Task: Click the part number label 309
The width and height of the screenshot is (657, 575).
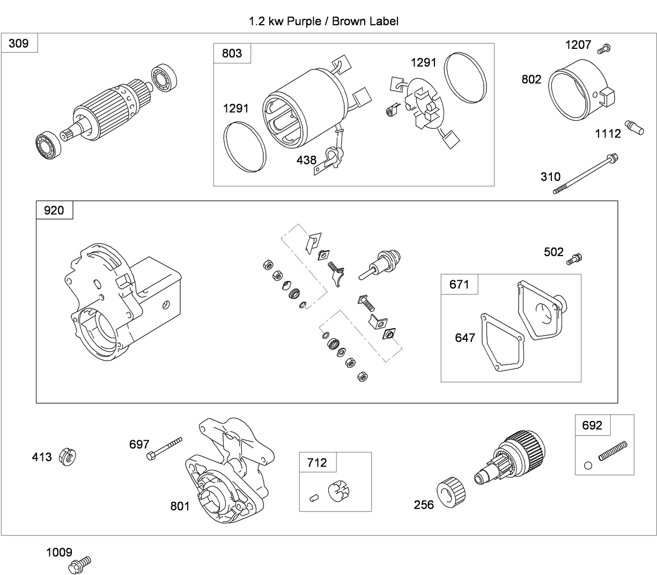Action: (19, 43)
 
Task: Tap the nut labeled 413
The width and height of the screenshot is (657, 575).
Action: (69, 457)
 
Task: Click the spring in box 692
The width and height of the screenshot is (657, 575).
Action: (612, 449)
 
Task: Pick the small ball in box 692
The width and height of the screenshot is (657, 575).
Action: (588, 465)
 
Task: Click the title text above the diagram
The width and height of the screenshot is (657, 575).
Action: (323, 21)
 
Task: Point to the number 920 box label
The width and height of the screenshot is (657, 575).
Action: (54, 210)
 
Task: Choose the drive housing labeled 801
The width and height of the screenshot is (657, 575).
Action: (228, 472)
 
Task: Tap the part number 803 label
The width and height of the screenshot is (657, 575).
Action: (232, 53)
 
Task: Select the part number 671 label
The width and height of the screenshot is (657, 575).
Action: (459, 284)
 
